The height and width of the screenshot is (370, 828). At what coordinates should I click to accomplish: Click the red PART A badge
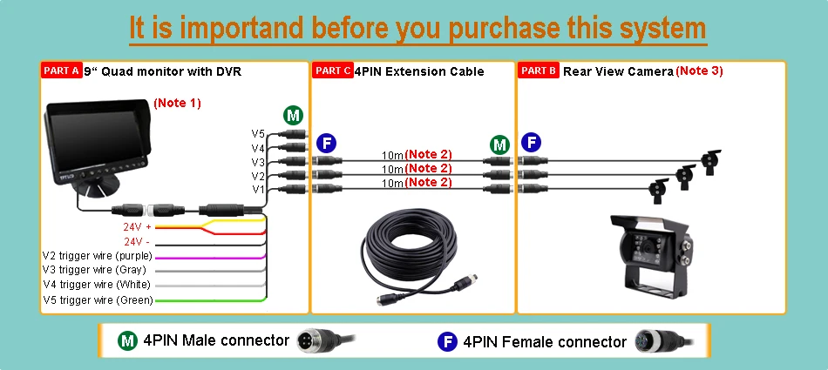click(62, 71)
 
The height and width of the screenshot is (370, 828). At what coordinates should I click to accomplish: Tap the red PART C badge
click(332, 71)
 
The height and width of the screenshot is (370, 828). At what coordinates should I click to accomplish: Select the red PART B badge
click(539, 71)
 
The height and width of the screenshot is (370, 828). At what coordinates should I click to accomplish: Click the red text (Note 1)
click(177, 103)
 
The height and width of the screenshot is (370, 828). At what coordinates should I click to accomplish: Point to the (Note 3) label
click(699, 71)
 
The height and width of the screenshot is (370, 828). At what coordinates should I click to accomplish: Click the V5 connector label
click(258, 134)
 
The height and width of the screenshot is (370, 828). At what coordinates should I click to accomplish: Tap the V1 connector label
click(258, 190)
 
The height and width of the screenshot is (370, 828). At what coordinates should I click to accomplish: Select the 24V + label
click(138, 227)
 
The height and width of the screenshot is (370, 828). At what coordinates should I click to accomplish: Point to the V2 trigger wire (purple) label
click(98, 257)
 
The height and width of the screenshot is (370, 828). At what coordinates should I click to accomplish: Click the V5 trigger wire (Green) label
click(98, 300)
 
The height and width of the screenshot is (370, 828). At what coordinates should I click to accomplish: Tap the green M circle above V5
click(293, 115)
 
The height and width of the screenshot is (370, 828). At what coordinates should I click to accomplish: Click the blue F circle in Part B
click(532, 143)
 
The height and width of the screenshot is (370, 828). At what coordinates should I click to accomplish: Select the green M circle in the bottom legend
click(127, 340)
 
